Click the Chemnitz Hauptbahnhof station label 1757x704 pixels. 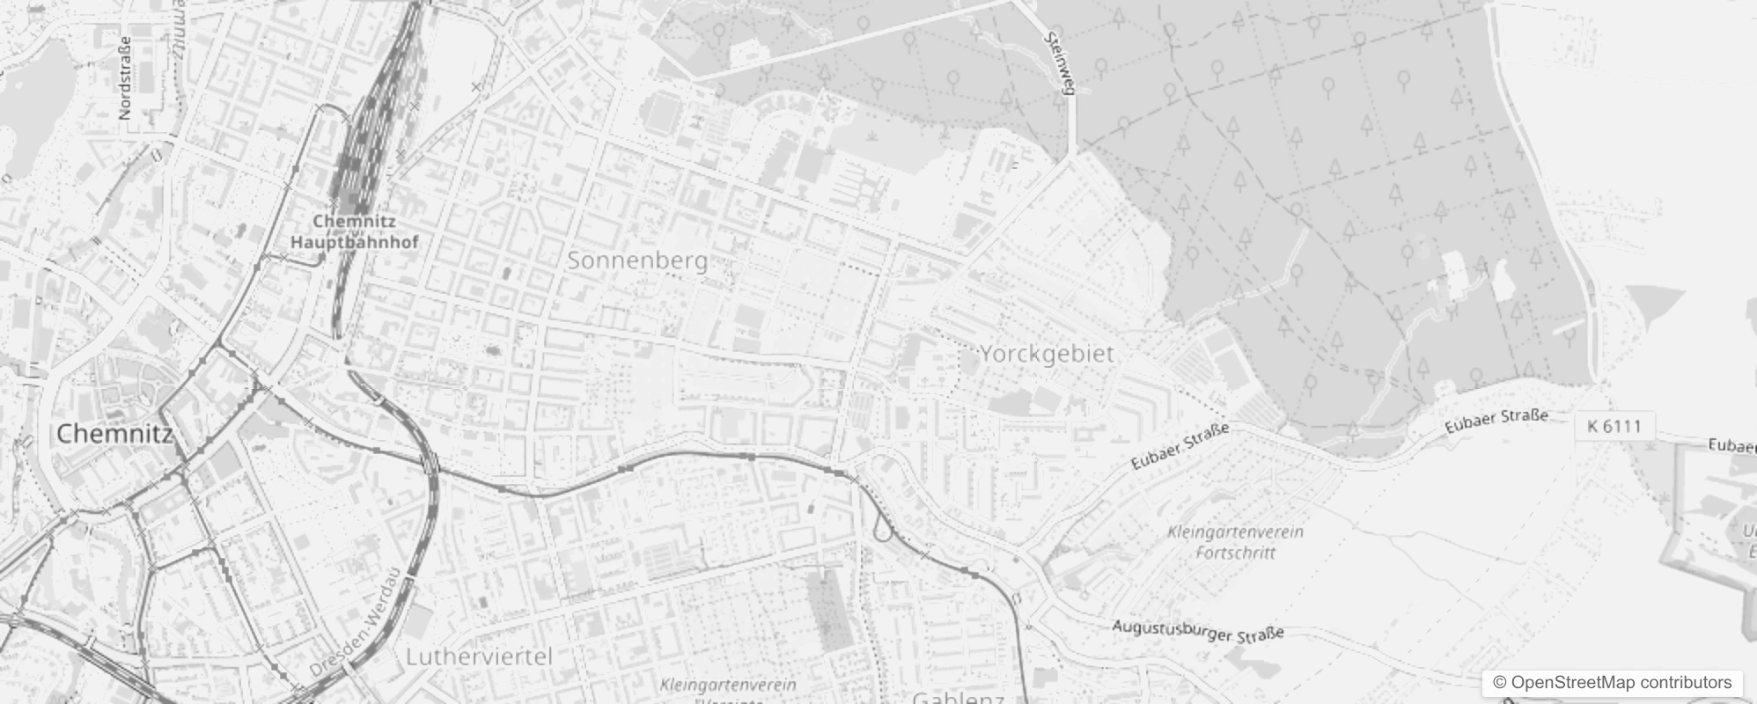pos(354,231)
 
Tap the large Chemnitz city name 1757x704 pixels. pos(114,433)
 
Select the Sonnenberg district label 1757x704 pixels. pos(637,260)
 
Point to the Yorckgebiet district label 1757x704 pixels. pos(1047,354)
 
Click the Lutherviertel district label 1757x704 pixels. pos(479,656)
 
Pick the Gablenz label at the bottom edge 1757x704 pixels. pos(959,698)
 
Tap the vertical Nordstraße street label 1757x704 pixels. pos(124,78)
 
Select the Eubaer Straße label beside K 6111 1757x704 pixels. pos(1496,421)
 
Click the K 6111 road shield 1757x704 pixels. pos(1614,427)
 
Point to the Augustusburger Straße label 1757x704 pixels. pos(1197,630)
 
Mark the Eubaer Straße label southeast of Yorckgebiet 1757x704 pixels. pos(1180,446)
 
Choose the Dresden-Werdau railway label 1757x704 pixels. pos(355,624)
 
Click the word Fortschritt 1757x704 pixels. pos(1235,553)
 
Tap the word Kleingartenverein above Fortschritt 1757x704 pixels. pos(1235,532)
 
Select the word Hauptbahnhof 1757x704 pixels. pos(354,241)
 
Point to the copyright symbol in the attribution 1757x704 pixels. pos(1500,683)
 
